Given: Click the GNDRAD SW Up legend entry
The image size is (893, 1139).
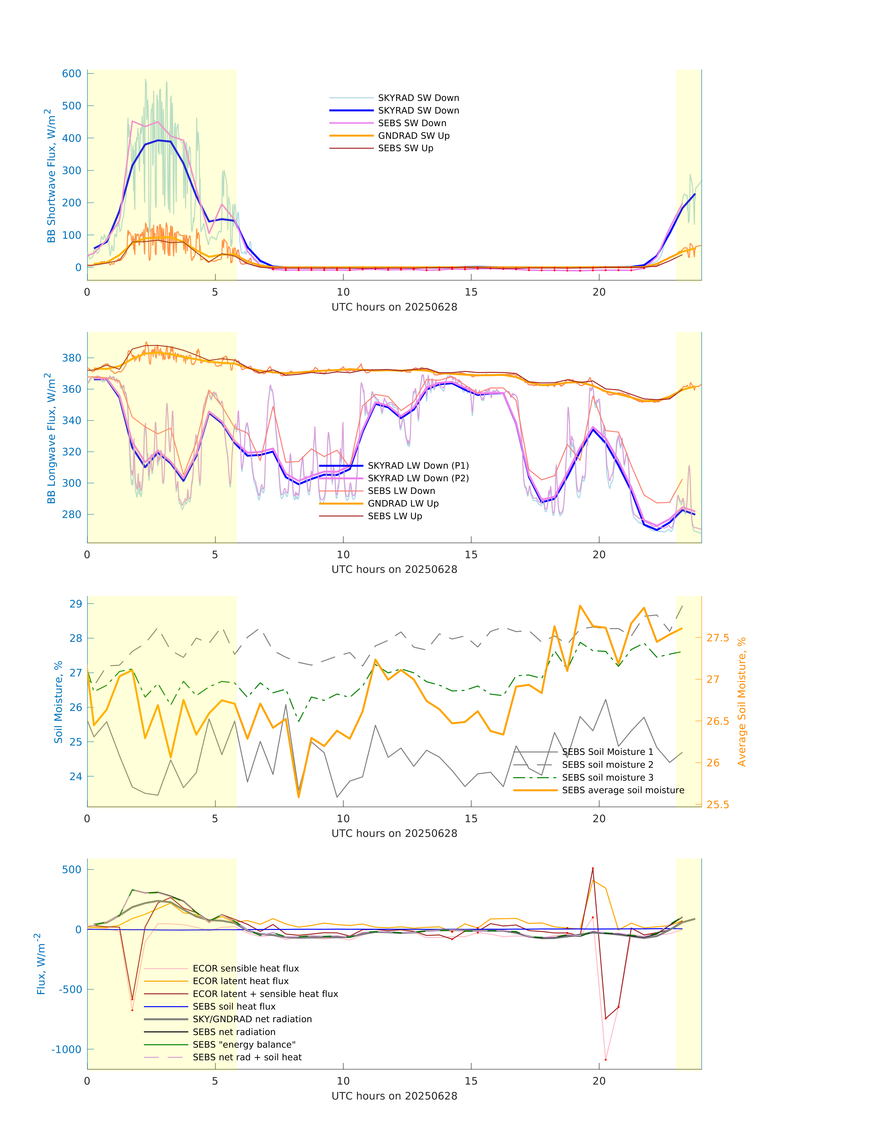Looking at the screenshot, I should click(413, 136).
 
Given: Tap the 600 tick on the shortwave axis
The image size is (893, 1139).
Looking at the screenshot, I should click(72, 74).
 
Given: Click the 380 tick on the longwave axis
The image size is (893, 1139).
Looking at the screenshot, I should click(72, 358).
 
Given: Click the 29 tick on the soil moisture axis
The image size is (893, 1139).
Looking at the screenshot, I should click(76, 604).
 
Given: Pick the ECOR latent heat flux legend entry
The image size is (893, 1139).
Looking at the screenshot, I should click(240, 981).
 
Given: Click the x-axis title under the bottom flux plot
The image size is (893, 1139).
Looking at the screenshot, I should click(394, 1096).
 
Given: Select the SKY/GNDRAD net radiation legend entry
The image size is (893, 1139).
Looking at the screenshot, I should click(252, 1019).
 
